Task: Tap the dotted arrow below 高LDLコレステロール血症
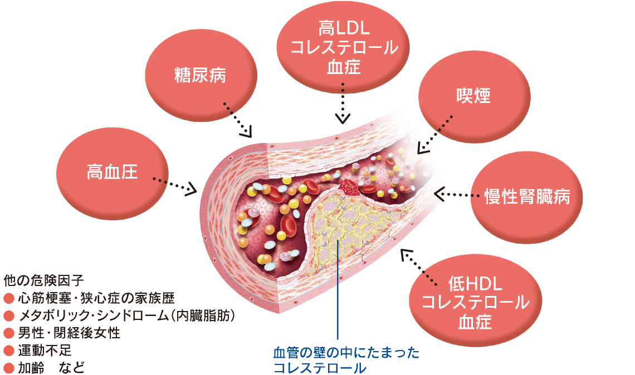tap(343, 103)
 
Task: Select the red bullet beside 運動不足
tap(8, 352)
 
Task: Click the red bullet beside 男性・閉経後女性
tap(8, 334)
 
